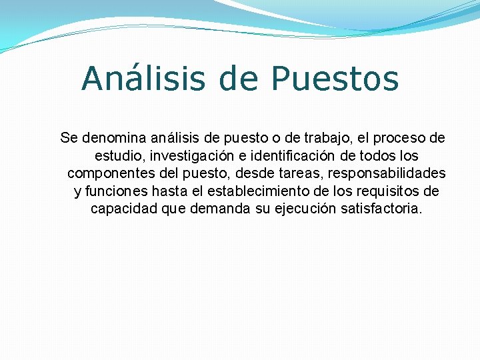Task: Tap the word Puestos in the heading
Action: tap(335, 79)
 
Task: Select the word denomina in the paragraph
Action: tap(113, 138)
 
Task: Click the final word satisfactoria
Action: tap(381, 209)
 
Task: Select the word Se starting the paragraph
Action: tap(68, 138)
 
